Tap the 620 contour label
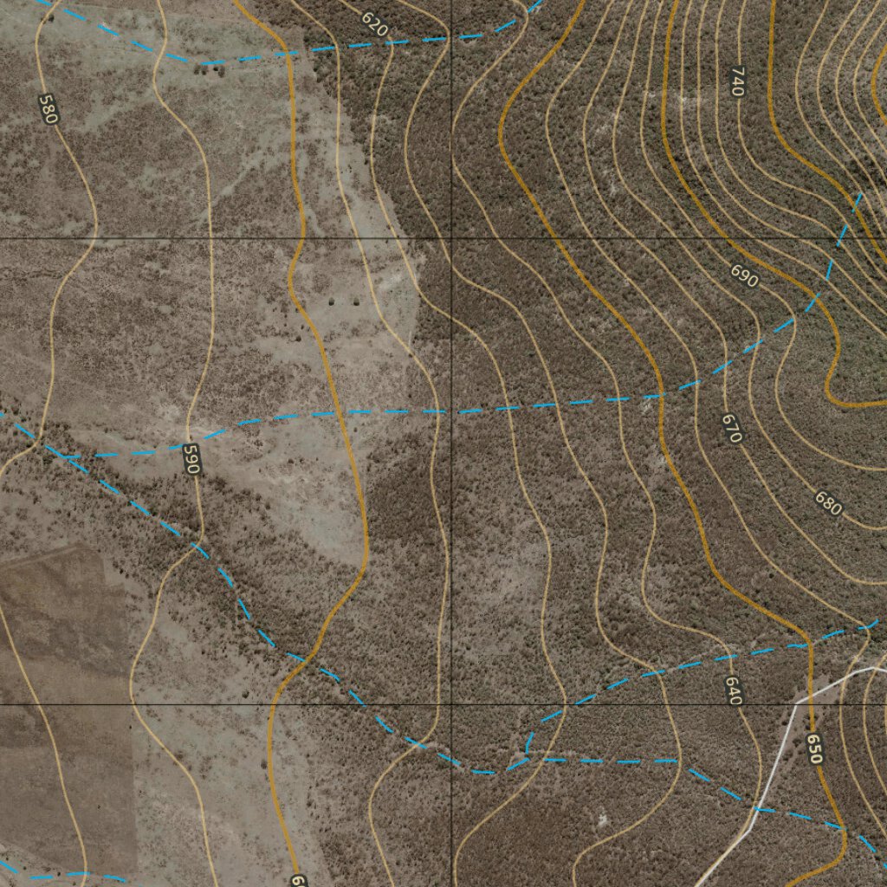click(x=374, y=24)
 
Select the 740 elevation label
click(x=737, y=81)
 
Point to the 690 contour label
click(x=744, y=276)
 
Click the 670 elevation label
click(x=732, y=428)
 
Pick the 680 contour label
click(x=828, y=503)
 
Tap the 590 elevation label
click(x=191, y=459)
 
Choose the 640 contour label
click(x=734, y=690)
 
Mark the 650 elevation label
click(x=813, y=748)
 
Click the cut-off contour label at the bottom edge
click(x=297, y=880)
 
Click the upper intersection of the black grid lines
click(x=451, y=237)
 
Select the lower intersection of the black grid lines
click(x=451, y=704)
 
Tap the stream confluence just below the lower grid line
click(x=527, y=755)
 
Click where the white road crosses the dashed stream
click(x=755, y=808)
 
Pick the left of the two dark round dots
click(x=332, y=302)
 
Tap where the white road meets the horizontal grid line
click(x=795, y=704)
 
